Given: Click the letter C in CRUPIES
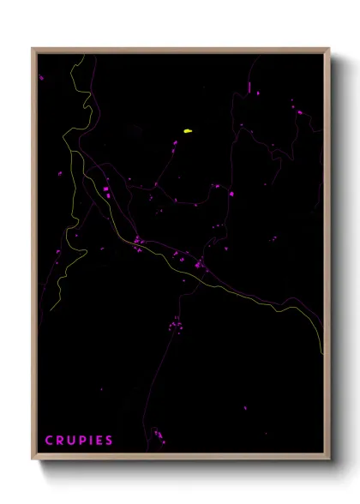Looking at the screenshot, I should (49, 441).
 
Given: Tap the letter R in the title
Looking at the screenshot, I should (60, 441).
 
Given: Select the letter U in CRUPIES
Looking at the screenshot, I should (71, 441).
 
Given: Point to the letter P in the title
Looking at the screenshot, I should (82, 441).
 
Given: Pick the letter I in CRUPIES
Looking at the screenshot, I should (91, 441).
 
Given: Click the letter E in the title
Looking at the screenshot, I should (99, 441).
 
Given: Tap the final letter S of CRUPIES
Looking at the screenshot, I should (109, 441).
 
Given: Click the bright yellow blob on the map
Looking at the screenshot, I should (187, 131).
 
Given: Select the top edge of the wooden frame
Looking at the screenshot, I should (180, 50).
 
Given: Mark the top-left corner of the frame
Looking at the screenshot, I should (34, 50).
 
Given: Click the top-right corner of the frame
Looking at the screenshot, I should (327, 50).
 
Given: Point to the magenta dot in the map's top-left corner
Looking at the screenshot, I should (41, 77).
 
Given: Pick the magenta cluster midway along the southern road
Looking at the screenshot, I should (177, 326).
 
